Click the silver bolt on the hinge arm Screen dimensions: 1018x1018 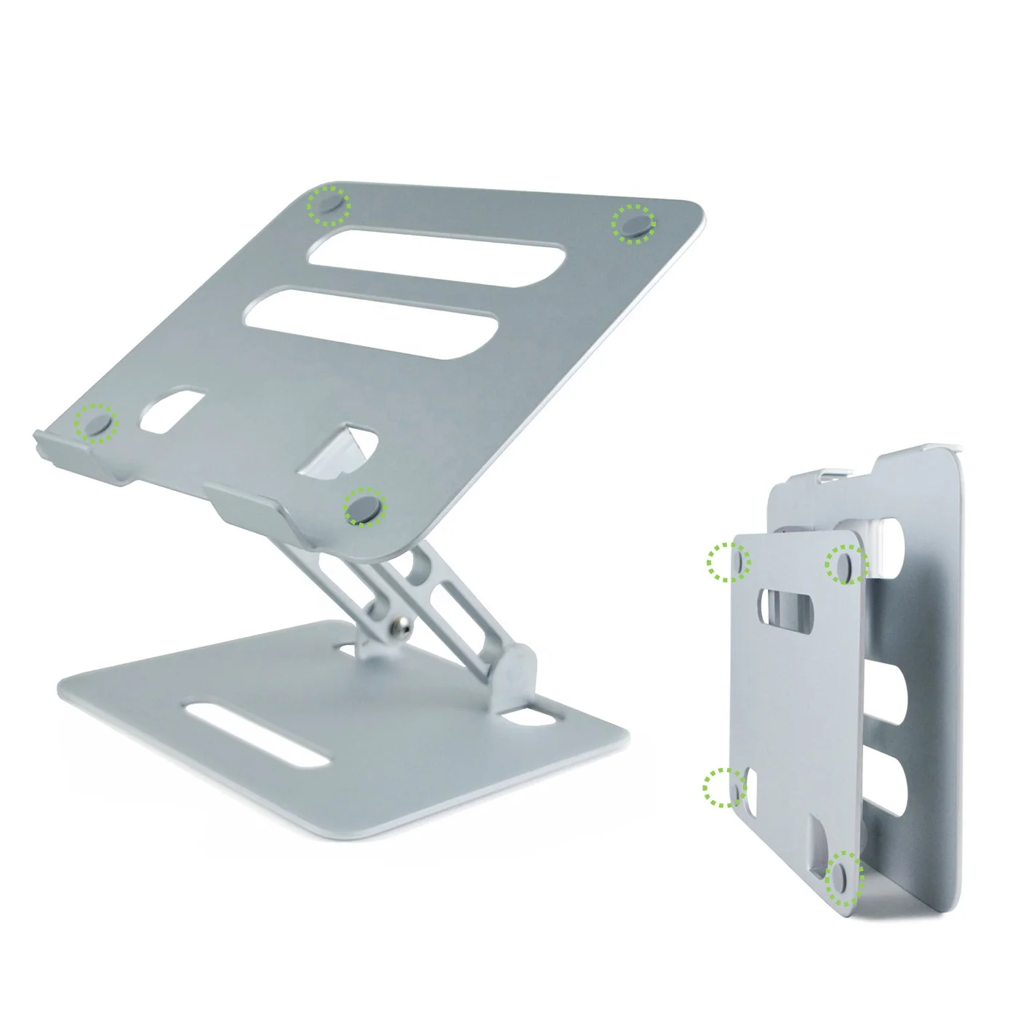[398, 624]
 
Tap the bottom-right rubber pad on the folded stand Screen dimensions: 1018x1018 [843, 875]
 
